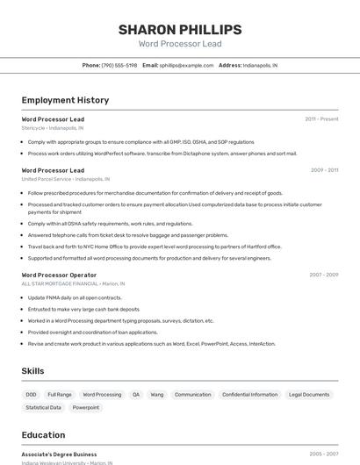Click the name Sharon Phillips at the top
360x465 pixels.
180,30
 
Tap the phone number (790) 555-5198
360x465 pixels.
119,65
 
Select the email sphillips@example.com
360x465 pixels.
187,65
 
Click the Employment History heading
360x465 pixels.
65,100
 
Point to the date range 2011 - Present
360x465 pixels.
321,118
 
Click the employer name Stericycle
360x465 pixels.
32,127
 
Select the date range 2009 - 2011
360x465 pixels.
324,170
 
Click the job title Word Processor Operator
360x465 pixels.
59,275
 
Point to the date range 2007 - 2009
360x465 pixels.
323,275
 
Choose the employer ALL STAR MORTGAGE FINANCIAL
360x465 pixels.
60,283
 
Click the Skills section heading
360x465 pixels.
33,371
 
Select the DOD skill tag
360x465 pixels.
32,395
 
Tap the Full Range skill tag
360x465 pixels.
60,395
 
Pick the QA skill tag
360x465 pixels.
136,395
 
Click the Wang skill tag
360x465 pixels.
157,395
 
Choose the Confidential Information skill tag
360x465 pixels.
249,395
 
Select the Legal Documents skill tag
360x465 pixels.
309,395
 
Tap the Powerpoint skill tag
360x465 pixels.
86,407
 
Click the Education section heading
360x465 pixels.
43,435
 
